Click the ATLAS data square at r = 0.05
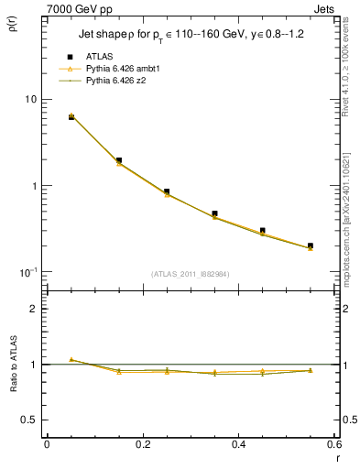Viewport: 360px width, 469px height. pos(71,117)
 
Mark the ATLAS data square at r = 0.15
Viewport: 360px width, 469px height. pos(119,160)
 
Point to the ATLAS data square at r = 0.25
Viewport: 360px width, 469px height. pos(167,192)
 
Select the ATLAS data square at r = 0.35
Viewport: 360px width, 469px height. pos(214,213)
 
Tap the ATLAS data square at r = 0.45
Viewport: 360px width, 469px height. pos(262,231)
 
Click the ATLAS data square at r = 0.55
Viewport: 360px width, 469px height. pos(310,245)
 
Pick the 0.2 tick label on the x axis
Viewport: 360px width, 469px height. pos(142,443)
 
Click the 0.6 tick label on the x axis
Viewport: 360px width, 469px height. pos(333,443)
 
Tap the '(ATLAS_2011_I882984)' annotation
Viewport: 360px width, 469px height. pos(191,274)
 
